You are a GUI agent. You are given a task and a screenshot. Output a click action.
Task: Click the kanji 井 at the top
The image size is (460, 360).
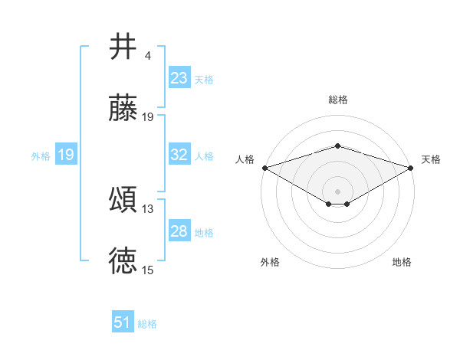tap(123, 46)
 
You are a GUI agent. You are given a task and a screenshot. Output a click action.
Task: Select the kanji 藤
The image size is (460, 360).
tap(123, 107)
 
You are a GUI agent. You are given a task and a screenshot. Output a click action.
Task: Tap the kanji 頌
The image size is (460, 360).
tap(123, 199)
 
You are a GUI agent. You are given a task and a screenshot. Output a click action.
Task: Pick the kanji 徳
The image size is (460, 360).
tap(123, 260)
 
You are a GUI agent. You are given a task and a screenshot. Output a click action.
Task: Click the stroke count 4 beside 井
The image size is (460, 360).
tap(147, 56)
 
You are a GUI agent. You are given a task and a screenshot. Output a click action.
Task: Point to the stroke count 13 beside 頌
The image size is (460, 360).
tap(147, 209)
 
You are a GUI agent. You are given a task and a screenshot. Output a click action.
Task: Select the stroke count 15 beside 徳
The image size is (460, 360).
tap(147, 270)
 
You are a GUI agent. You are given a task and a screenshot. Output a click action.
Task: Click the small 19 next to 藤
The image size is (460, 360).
tap(147, 117)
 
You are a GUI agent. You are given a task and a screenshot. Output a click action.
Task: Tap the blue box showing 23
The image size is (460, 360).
tap(179, 77)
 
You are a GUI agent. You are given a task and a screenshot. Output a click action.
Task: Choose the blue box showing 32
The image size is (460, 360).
tap(179, 154)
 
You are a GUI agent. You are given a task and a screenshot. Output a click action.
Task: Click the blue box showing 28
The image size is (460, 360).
tap(179, 230)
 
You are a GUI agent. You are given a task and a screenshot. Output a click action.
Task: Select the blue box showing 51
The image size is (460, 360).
tap(123, 321)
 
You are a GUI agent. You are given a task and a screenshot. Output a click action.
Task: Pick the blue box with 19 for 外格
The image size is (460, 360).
tap(66, 154)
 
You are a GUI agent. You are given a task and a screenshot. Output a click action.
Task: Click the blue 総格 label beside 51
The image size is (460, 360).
tap(147, 324)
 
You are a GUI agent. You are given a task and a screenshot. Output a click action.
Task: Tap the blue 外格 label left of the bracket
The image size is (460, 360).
tap(41, 156)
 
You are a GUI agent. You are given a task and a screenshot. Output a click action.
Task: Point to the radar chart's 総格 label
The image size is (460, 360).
tap(338, 100)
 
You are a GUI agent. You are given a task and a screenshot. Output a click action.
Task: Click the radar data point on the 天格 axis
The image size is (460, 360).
tap(411, 168)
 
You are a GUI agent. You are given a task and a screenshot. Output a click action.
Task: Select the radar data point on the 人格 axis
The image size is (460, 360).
tap(265, 168)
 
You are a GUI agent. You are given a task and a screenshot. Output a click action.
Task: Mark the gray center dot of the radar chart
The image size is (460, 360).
tap(337, 191)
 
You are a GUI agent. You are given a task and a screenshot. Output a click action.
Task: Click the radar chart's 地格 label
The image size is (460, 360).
tap(402, 262)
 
